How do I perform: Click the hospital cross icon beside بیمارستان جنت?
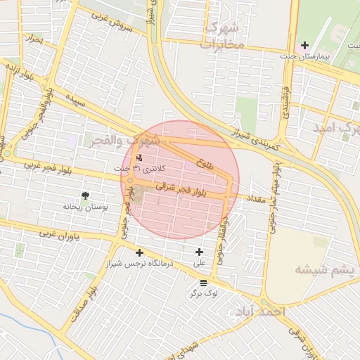(304, 46)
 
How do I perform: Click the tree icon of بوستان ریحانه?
(85, 195)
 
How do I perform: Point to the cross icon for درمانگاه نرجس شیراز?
(139, 252)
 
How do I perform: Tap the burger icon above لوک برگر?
(204, 281)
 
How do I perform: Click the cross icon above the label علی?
(199, 252)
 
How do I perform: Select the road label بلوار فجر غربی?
(41, 165)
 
